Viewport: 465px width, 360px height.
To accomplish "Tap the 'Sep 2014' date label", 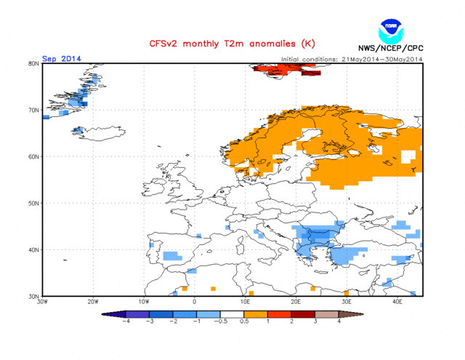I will [61, 59].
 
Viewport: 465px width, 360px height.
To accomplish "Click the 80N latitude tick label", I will [33, 64].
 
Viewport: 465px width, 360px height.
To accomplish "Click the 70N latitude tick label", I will [33, 111].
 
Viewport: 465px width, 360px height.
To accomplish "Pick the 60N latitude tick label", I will [33, 157].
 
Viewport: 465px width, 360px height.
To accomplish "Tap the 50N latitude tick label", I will [33, 204].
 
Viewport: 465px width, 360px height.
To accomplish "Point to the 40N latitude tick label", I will [33, 250].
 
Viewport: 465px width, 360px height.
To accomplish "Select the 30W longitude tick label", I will [42, 301].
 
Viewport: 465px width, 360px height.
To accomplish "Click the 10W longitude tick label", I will [144, 301].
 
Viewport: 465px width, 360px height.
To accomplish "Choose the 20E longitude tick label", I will [296, 301].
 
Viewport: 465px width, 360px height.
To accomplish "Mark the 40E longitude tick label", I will [397, 301].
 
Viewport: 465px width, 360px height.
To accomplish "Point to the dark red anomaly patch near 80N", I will [310, 73].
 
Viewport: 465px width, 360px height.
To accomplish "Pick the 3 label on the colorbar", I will [315, 321].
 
